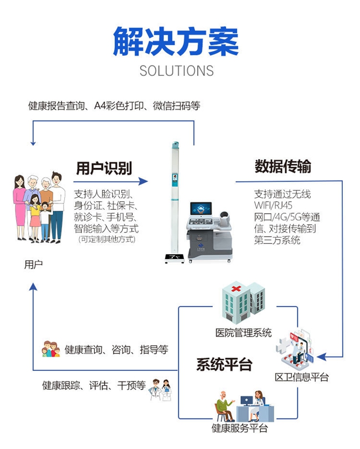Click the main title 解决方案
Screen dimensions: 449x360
(x=176, y=41)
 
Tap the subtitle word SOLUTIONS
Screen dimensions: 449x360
(x=176, y=71)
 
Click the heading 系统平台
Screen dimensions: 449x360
(x=224, y=365)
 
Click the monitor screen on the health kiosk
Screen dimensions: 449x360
(x=200, y=209)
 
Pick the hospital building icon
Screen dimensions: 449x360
(x=243, y=304)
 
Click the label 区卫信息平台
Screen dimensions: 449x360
(x=302, y=378)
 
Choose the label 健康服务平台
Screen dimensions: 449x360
(x=240, y=428)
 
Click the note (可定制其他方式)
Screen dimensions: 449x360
(x=106, y=239)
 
